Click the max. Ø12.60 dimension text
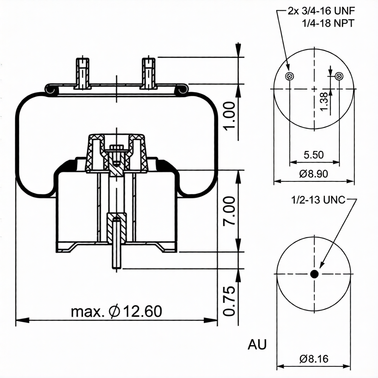click(117, 311)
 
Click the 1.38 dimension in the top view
click(324, 101)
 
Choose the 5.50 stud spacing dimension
click(314, 155)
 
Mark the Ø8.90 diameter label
click(313, 174)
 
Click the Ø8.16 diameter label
click(314, 359)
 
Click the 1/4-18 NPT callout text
click(328, 23)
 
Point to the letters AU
click(257, 345)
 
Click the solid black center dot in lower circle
click(314, 274)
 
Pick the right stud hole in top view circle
click(339, 76)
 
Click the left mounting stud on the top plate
click(82, 73)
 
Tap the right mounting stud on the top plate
click(149, 73)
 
